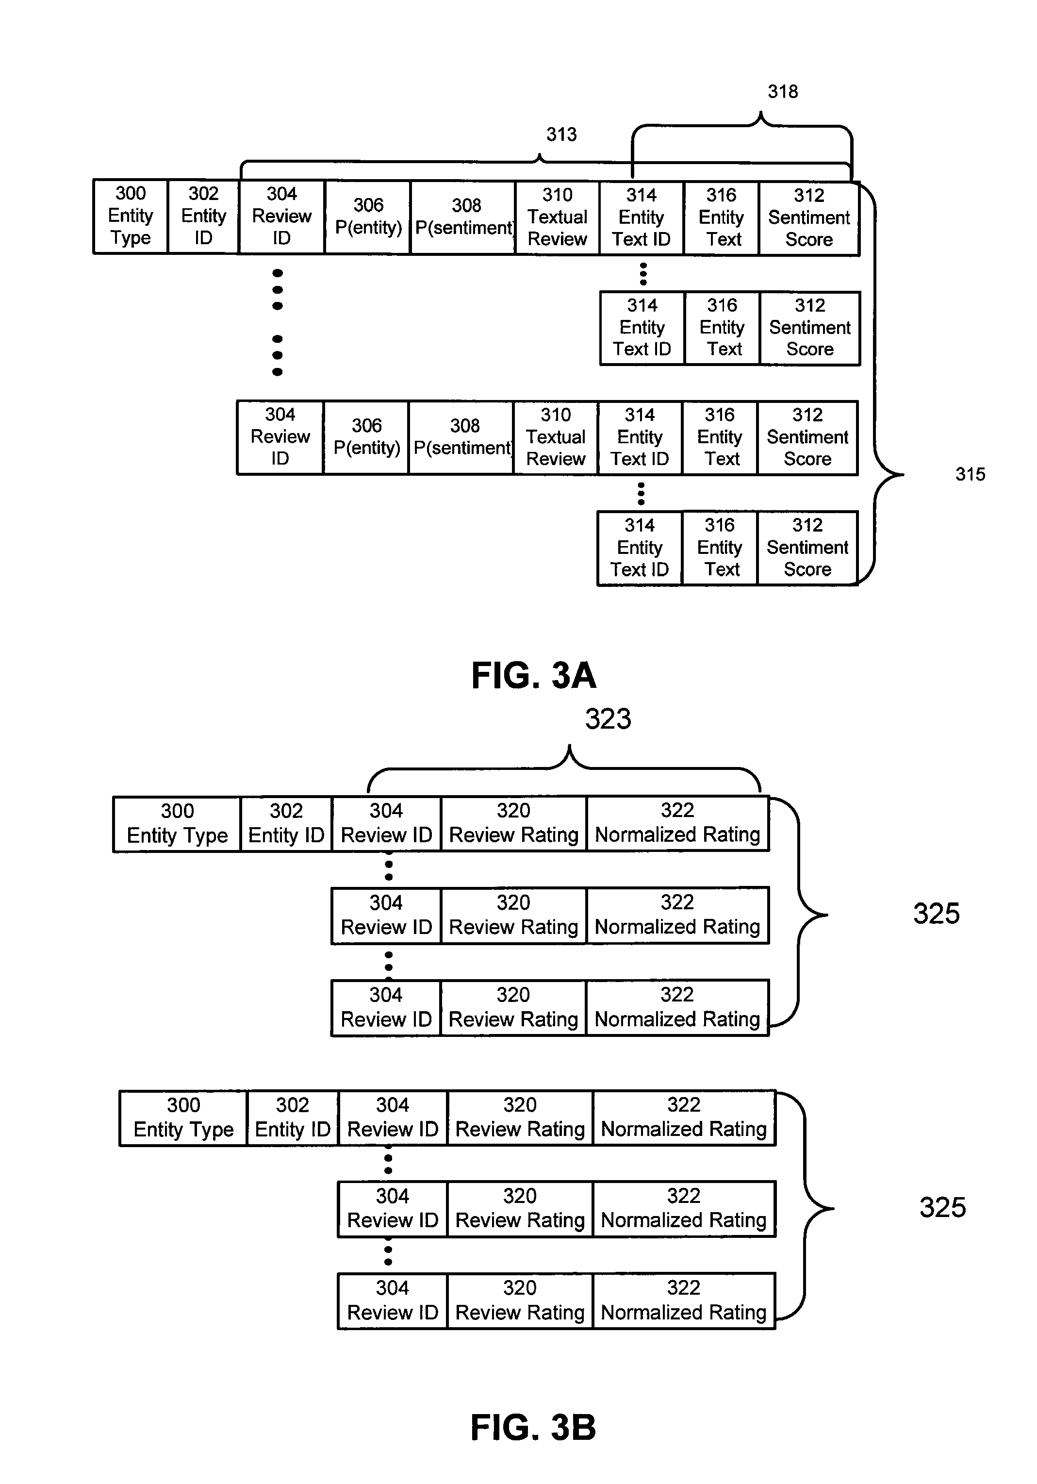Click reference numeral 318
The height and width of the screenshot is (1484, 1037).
tap(782, 92)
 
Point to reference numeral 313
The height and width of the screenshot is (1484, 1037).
tap(561, 134)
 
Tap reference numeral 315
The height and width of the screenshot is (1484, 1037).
tap(971, 474)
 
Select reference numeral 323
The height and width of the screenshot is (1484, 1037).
tap(608, 719)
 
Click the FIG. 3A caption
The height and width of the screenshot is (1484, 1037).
tap(534, 675)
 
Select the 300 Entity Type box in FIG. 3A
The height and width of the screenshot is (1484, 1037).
tap(131, 216)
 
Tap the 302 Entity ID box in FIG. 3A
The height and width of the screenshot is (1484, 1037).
tap(203, 216)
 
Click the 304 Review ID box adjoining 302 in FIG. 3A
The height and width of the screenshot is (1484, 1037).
tap(282, 217)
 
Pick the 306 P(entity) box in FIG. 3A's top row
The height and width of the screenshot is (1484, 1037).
tap(368, 217)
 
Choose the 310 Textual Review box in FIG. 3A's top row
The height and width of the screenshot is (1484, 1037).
tap(558, 218)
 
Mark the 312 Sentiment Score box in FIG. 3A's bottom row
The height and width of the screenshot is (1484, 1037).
tap(807, 548)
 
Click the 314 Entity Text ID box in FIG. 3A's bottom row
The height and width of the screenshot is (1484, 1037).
tap(640, 548)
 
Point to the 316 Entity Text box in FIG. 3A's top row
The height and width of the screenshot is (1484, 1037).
tap(722, 218)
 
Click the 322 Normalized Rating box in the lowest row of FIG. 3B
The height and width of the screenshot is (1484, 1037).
tap(684, 1301)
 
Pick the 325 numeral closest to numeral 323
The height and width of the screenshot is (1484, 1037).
tap(936, 913)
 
